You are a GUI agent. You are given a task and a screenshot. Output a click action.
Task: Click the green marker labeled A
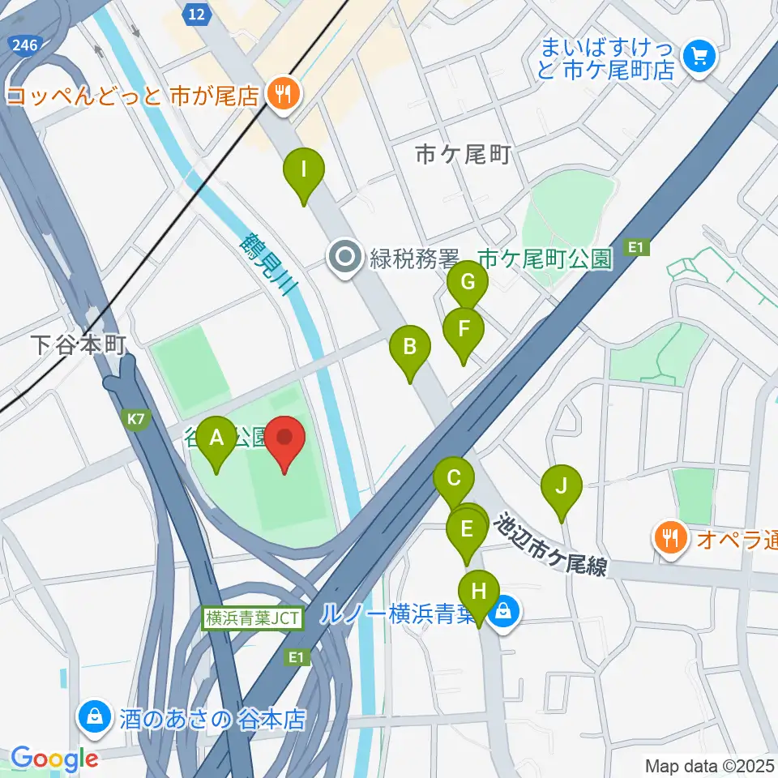(x=216, y=438)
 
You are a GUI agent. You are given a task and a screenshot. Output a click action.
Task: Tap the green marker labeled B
(x=409, y=348)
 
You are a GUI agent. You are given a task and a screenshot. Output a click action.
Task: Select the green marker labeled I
(x=304, y=171)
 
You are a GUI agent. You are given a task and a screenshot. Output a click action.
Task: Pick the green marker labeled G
(x=468, y=283)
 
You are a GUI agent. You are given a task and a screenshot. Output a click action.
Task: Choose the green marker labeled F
(x=464, y=330)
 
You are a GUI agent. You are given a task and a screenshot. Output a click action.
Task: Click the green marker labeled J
(x=561, y=487)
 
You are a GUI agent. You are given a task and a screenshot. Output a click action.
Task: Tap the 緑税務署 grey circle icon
(x=346, y=259)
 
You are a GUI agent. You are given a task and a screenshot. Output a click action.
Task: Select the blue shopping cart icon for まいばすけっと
(x=697, y=56)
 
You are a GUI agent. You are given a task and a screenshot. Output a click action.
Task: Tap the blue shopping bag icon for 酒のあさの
(x=95, y=717)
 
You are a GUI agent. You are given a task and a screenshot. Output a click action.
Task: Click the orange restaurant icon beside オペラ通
(x=669, y=536)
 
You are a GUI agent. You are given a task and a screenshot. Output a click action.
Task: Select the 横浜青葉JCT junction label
(x=253, y=618)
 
